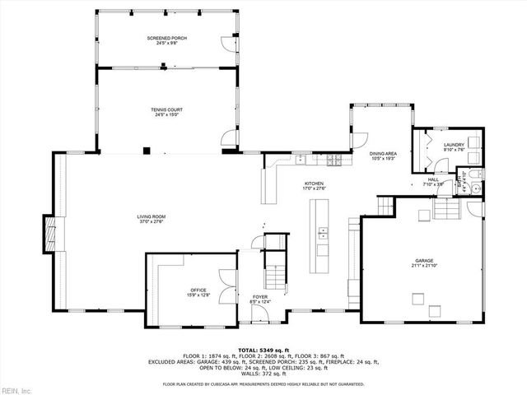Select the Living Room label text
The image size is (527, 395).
(152, 217)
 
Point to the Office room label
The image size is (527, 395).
(198, 290)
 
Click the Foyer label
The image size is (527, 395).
(260, 300)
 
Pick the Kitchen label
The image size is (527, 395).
(315, 184)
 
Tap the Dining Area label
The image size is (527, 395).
(383, 154)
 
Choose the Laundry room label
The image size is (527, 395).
(455, 146)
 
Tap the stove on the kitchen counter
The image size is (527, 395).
(333, 158)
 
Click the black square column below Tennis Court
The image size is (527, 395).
(146, 150)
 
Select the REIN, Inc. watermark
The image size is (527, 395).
(16, 388)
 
